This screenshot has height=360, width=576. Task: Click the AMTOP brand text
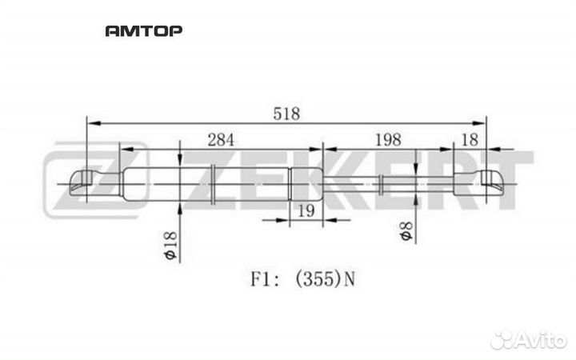(x=144, y=31)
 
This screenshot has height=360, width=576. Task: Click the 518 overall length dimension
(x=286, y=114)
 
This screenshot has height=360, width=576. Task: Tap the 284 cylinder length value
(x=221, y=140)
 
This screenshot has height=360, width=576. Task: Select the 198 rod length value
(x=388, y=140)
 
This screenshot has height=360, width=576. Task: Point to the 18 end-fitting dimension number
(x=470, y=140)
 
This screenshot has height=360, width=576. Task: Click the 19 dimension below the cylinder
(x=306, y=211)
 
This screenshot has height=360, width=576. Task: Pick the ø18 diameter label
(x=171, y=246)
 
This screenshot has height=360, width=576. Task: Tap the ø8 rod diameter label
(x=406, y=231)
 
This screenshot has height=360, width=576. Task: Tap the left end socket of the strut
(x=81, y=182)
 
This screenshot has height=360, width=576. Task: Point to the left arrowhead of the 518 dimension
(x=94, y=123)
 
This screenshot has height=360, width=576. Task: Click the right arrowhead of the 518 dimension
(x=479, y=123)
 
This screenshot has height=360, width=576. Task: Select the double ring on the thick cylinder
(x=213, y=184)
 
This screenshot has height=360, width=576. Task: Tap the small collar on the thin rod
(x=382, y=184)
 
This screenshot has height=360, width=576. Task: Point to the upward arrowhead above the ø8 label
(x=415, y=199)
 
